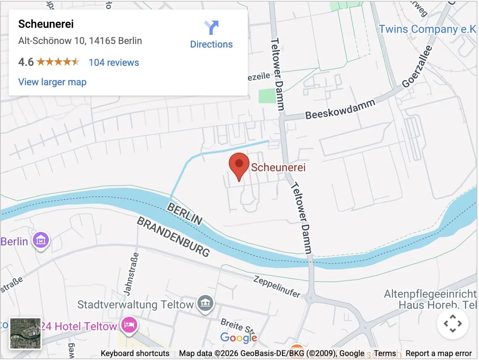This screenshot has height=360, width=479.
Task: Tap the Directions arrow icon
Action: pyautogui.click(x=211, y=28)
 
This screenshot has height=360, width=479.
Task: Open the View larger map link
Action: pyautogui.click(x=52, y=82)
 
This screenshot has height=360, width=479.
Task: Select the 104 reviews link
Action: pyautogui.click(x=114, y=62)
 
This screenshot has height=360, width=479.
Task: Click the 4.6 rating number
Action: pyautogui.click(x=26, y=62)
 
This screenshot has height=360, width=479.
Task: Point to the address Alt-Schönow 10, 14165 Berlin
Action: pyautogui.click(x=80, y=41)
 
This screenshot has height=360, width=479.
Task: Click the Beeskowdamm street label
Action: pyautogui.click(x=340, y=109)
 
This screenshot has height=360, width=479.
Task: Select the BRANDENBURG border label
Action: pyautogui.click(x=173, y=237)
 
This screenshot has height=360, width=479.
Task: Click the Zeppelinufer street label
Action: pyautogui.click(x=277, y=286)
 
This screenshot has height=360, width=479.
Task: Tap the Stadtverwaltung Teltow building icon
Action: pyautogui.click(x=206, y=304)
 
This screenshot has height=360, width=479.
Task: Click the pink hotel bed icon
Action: pyautogui.click(x=129, y=325)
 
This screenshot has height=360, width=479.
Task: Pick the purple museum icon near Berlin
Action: pyautogui.click(x=41, y=240)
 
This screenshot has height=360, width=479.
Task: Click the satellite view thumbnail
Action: pyautogui.click(x=25, y=333)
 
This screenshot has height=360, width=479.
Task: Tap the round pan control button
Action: pyautogui.click(x=452, y=324)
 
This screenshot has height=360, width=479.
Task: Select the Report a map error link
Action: pyautogui.click(x=439, y=353)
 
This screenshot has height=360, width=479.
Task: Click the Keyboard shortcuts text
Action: pyautogui.click(x=135, y=353)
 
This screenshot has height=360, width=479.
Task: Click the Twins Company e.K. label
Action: pyautogui.click(x=427, y=29)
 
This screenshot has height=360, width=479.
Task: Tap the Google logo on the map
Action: pyautogui.click(x=239, y=337)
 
